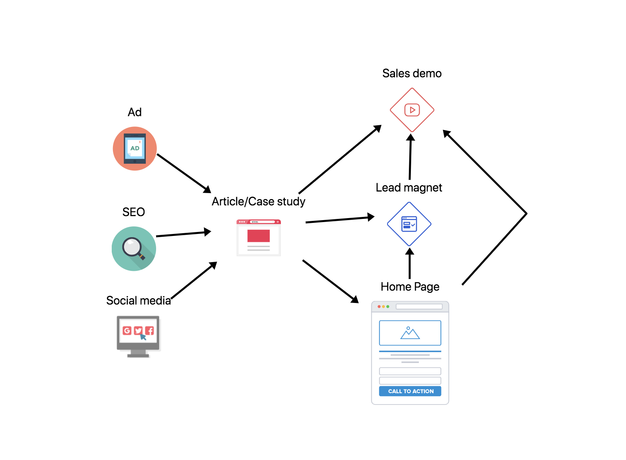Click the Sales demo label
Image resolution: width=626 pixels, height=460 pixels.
tap(412, 73)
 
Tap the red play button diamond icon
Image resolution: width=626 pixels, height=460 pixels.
tap(412, 110)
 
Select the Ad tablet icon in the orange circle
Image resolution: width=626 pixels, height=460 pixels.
tap(135, 149)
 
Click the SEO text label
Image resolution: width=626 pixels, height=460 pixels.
tap(134, 212)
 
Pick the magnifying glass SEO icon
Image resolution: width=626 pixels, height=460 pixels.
tap(134, 249)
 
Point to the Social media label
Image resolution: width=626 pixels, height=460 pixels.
tap(138, 301)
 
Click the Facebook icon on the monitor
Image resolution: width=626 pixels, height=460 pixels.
tap(149, 331)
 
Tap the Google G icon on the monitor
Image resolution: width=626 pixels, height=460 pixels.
tap(127, 331)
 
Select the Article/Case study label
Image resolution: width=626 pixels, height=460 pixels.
tap(258, 201)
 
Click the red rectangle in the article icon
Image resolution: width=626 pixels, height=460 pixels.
tap(258, 236)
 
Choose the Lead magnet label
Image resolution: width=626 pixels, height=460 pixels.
tap(409, 188)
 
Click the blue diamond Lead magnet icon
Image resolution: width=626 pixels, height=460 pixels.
tap(409, 224)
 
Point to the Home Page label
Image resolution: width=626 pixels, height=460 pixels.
tap(410, 287)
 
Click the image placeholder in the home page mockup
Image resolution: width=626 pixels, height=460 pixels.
tap(410, 333)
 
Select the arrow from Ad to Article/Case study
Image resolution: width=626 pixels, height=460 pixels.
tap(183, 173)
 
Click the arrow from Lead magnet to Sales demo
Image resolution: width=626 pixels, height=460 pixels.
tap(410, 157)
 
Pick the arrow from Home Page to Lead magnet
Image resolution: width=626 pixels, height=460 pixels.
tap(410, 263)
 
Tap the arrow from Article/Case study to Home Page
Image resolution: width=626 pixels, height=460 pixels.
tap(330, 281)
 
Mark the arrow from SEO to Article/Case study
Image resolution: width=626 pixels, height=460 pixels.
tap(183, 234)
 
